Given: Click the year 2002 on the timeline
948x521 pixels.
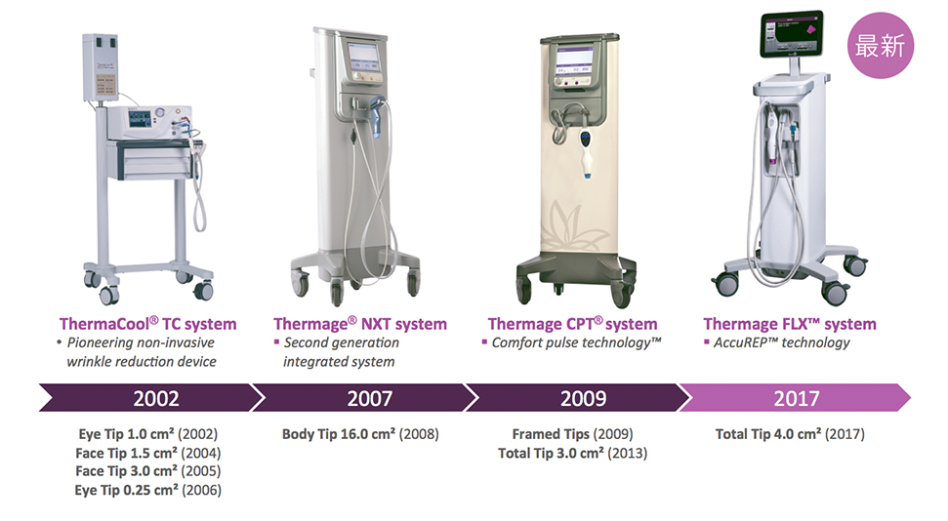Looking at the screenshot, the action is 156,398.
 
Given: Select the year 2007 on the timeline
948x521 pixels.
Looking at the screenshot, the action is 369,398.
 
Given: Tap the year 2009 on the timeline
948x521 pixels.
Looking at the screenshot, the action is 583,398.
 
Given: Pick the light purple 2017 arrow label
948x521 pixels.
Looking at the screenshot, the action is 797,398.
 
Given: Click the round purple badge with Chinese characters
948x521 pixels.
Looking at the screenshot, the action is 881,46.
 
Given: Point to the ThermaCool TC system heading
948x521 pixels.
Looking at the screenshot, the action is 147,324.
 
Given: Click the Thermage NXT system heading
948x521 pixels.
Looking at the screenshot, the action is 359,324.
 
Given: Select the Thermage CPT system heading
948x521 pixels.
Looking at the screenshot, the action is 572,324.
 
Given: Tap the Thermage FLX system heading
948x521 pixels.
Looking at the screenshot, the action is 790,324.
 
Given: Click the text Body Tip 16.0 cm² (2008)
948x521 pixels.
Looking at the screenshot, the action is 360,434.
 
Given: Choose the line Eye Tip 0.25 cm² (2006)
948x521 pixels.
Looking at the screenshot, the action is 148,490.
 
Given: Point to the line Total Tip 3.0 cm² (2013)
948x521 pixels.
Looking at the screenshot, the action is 572,454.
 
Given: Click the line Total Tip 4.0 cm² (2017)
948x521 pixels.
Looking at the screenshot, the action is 790,434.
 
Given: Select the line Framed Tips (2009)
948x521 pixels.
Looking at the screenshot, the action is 572,434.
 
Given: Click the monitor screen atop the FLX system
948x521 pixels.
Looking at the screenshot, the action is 792,34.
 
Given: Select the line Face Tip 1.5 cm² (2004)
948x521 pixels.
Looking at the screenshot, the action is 148,454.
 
